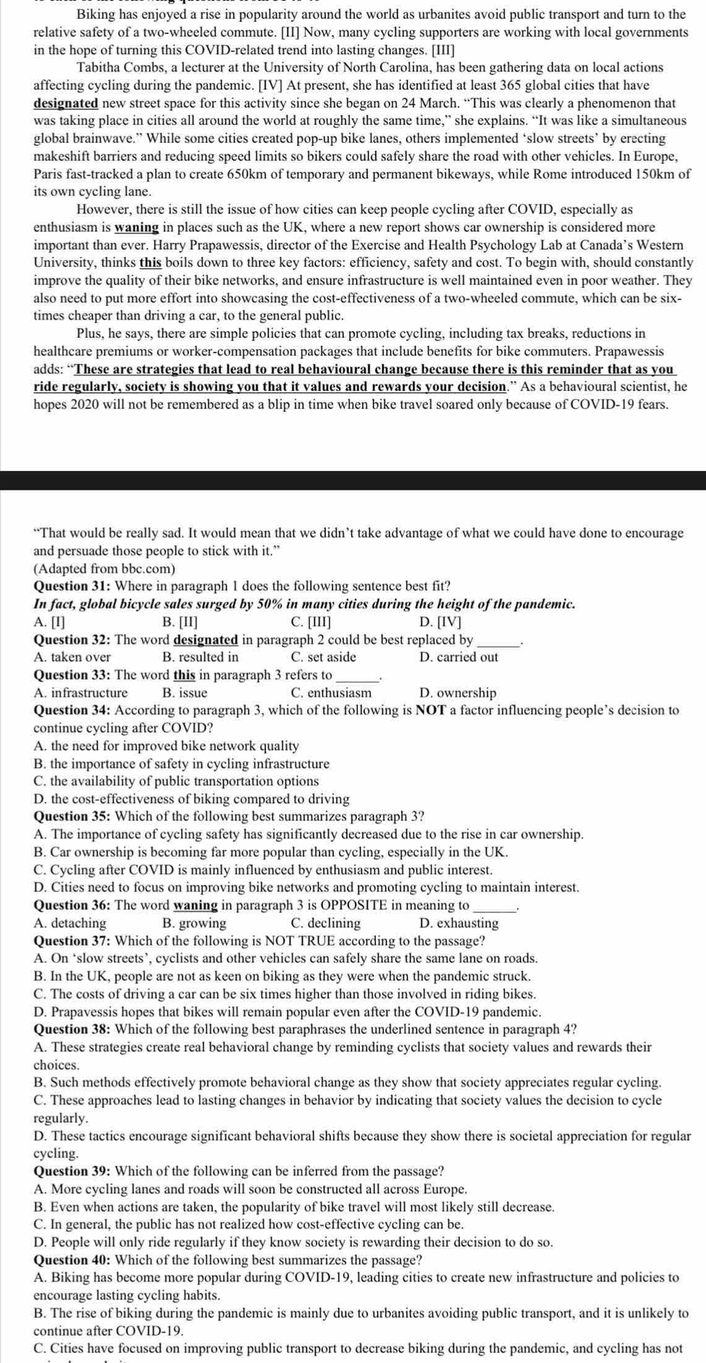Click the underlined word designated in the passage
coord(66,103)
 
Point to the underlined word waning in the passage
coord(137,228)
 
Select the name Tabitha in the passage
coord(100,68)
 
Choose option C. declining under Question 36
coord(325,923)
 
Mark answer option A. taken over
coord(72,657)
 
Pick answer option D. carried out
coord(458,657)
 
